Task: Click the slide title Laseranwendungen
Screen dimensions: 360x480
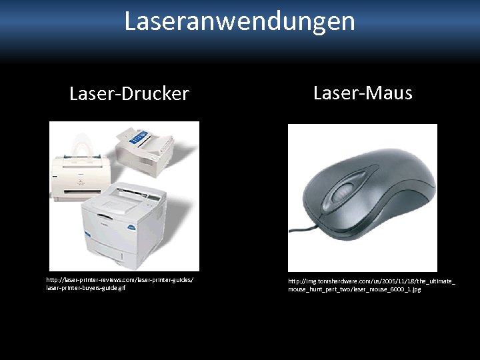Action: (x=239, y=21)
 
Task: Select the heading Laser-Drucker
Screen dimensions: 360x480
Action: (x=129, y=94)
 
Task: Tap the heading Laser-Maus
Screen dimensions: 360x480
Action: (x=363, y=93)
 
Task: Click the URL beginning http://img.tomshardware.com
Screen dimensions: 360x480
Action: (x=371, y=281)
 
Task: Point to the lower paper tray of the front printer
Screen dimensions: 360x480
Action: (x=127, y=257)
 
